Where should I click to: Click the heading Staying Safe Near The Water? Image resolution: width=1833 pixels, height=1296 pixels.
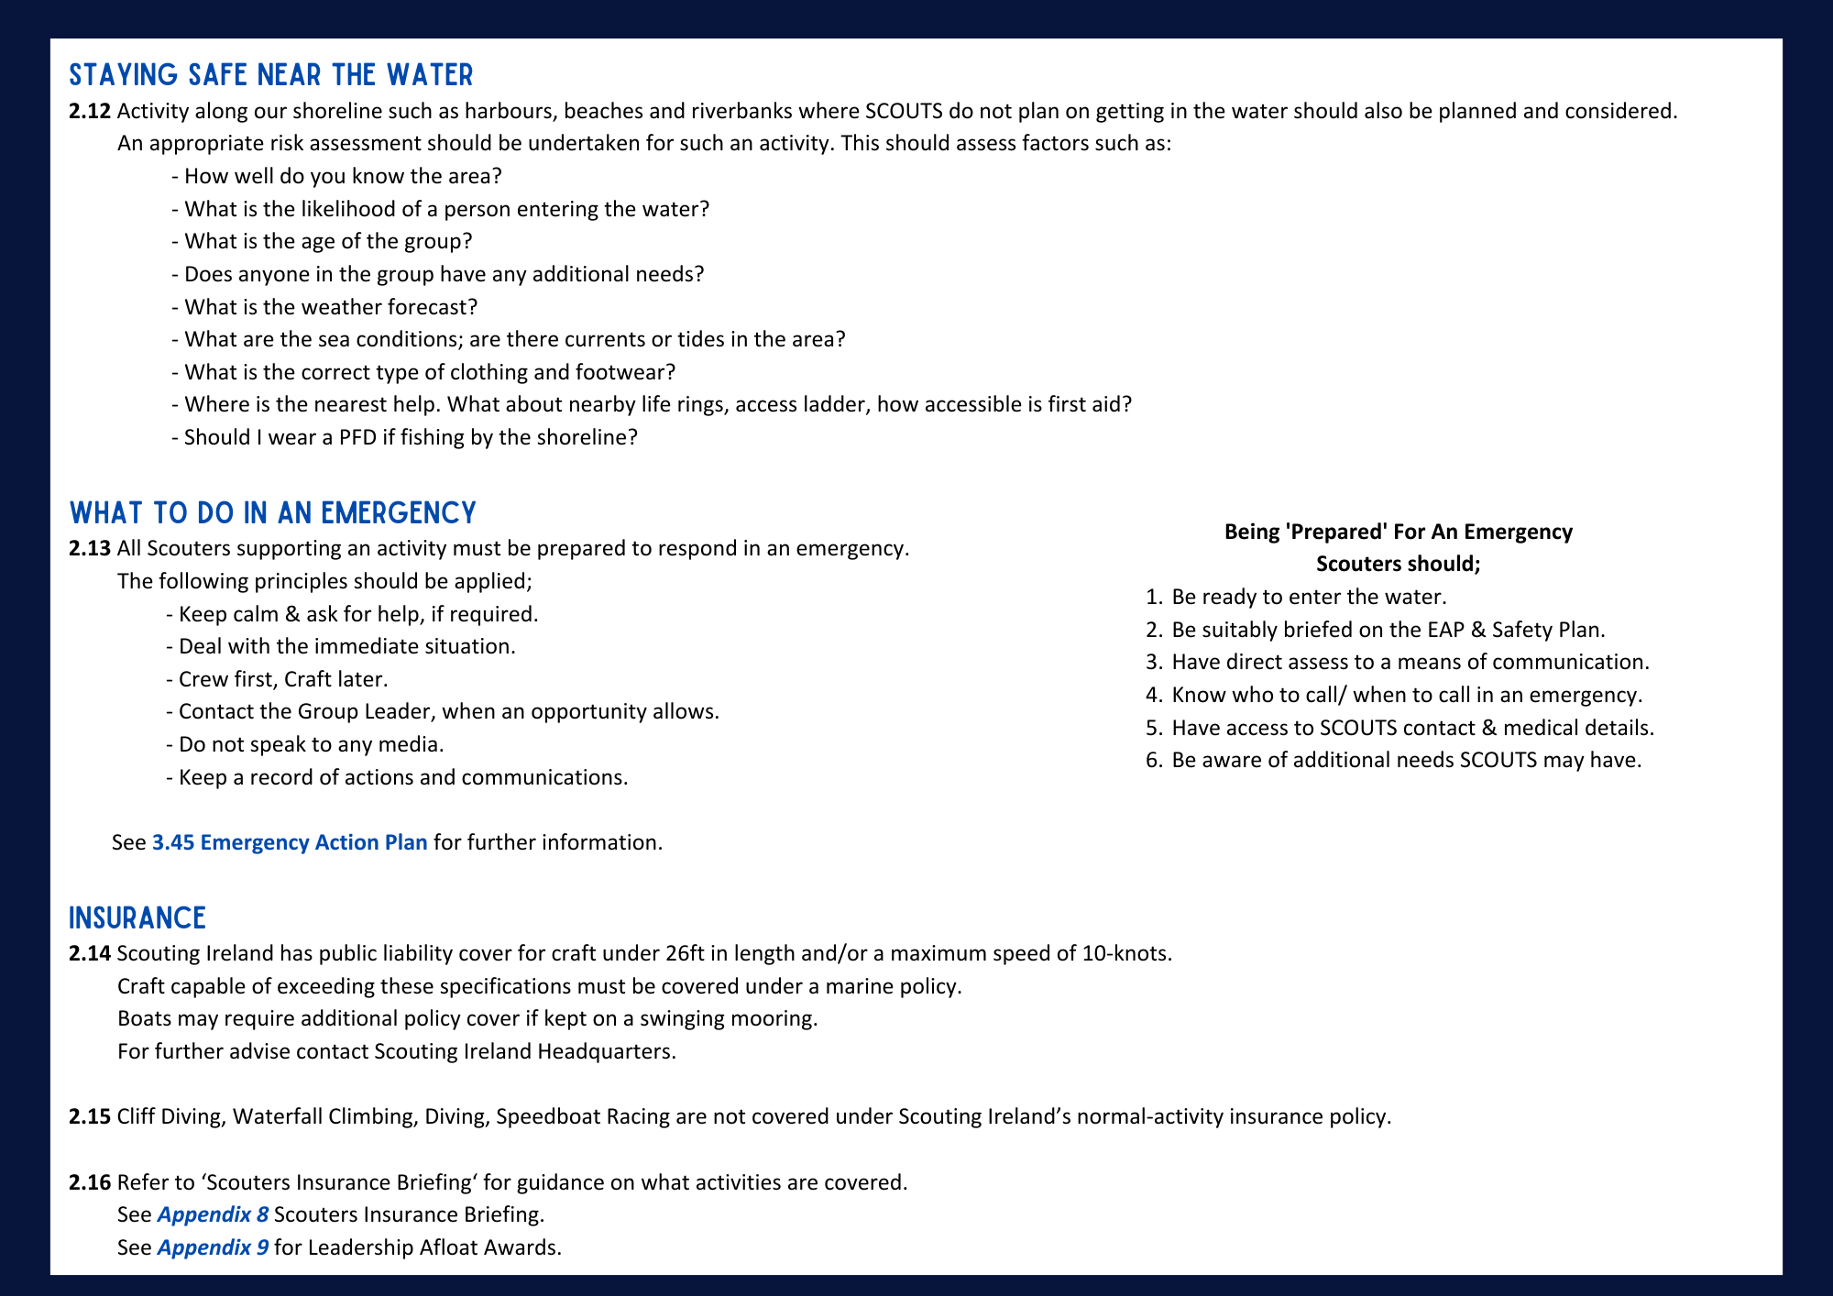pos(271,74)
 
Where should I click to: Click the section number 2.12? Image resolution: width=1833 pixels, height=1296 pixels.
pos(90,111)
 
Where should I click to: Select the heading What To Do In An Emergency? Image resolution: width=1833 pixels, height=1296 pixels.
pos(272,512)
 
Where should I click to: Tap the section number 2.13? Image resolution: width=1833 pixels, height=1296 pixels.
pos(90,548)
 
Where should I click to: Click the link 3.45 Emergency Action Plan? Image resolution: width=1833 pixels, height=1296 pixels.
pos(290,842)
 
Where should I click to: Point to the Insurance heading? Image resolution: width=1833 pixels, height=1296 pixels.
pos(137,917)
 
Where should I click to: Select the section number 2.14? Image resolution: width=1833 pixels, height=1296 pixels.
pos(90,953)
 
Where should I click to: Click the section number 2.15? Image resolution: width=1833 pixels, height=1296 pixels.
pos(90,1116)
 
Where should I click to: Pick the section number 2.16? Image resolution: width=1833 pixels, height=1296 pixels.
pos(90,1181)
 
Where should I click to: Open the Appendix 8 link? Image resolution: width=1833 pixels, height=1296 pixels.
pos(213,1214)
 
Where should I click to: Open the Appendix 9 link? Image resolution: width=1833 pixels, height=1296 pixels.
pos(213,1247)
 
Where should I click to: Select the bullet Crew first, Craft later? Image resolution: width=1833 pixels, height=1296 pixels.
pos(283,679)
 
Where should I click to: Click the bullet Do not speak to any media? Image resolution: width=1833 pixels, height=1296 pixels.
pos(311,744)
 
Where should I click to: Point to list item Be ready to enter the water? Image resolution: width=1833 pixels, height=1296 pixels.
pos(1308,597)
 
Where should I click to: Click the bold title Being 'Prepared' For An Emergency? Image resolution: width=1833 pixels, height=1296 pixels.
pos(1398,532)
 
